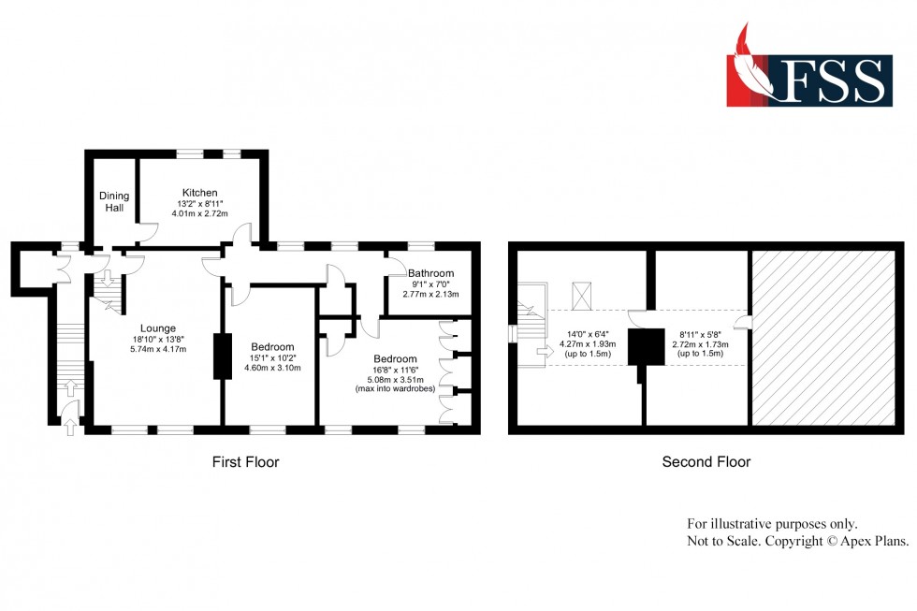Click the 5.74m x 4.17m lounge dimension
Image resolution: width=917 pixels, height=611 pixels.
159,350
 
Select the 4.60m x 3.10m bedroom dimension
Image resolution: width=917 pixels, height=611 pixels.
272,369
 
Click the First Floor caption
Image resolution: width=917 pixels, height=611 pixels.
245,461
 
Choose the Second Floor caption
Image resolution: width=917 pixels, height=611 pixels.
706,461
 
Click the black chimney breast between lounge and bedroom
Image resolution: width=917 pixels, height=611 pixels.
223,356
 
